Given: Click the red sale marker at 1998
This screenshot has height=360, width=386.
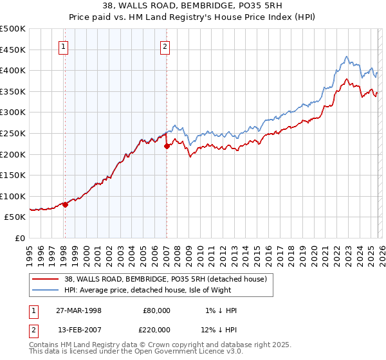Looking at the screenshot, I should (x=65, y=204).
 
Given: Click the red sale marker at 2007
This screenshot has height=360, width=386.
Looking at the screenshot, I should (x=167, y=146).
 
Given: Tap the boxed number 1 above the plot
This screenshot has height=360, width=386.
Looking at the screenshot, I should (x=64, y=46).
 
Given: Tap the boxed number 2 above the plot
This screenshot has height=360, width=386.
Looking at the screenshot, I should (x=165, y=46).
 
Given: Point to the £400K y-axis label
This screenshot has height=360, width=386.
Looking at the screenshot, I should (x=13, y=70).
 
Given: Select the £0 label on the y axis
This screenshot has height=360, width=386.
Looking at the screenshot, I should (x=19, y=238).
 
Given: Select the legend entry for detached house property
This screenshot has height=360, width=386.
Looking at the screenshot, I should (x=170, y=279).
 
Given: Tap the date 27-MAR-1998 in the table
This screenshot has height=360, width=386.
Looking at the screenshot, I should (x=79, y=310).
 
